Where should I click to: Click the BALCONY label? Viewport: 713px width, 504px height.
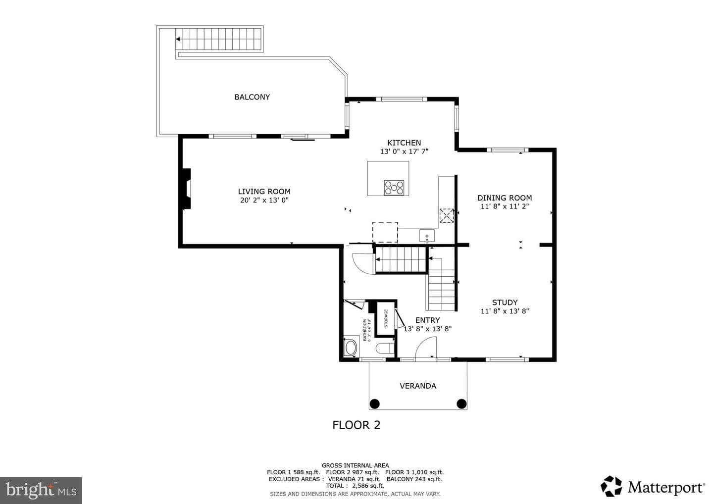[252, 97]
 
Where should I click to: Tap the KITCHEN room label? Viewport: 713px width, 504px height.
[404, 143]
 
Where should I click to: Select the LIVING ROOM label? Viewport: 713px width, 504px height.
[264, 192]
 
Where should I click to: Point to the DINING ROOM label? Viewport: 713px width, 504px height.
[505, 198]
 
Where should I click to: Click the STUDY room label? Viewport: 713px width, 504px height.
[505, 302]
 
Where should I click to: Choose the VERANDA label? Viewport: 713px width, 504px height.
[418, 386]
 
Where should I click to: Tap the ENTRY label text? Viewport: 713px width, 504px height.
[427, 320]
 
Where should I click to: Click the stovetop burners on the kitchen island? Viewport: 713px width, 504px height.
[394, 188]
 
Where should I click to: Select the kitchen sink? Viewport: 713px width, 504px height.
[427, 236]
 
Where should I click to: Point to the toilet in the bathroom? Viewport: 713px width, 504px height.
[385, 348]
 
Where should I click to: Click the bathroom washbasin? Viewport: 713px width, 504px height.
[351, 348]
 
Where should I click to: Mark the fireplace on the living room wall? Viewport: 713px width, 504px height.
[186, 189]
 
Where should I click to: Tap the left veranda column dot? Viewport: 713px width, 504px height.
[375, 404]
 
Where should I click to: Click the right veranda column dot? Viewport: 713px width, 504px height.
[461, 404]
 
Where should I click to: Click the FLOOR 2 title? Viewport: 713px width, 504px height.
[356, 425]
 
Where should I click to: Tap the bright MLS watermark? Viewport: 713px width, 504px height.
[41, 490]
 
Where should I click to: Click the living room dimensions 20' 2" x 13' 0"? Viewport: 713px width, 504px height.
[264, 200]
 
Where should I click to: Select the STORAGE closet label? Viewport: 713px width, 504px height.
[386, 318]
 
